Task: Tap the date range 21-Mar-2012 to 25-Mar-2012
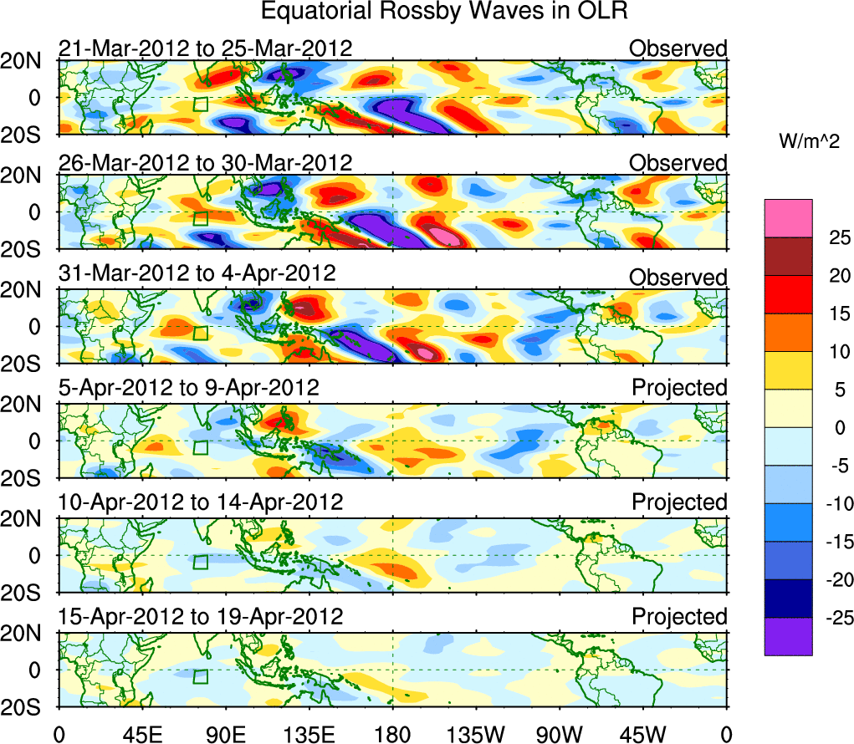(x=205, y=48)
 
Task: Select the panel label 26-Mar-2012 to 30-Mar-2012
(x=205, y=162)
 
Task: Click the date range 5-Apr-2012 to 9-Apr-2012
(x=188, y=388)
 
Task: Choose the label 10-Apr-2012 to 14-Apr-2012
(x=201, y=502)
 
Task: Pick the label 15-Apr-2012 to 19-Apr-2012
(x=201, y=617)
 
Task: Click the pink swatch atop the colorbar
(x=788, y=218)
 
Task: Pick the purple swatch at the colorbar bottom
(x=788, y=636)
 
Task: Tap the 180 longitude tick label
(x=392, y=735)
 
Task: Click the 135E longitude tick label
(x=309, y=735)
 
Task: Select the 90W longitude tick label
(x=560, y=735)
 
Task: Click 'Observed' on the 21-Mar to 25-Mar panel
(x=678, y=48)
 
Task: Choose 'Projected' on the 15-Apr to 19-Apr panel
(x=679, y=617)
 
